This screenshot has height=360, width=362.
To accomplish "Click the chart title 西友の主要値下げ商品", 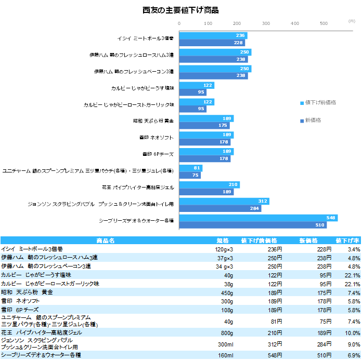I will tap(180, 10).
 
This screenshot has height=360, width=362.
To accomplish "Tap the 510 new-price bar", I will tap(253, 225).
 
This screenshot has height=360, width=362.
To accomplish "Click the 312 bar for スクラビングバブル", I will tap(224, 201).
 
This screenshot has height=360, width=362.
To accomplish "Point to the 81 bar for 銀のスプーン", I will tap(190, 168).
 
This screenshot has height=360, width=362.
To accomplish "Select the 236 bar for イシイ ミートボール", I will tap(213, 35).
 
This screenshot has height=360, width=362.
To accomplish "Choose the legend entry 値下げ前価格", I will tap(320, 102).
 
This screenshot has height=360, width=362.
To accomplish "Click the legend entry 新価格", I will tap(313, 121).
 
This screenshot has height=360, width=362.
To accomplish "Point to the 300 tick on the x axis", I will tap(266, 23).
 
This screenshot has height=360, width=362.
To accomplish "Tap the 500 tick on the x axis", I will tap(324, 23).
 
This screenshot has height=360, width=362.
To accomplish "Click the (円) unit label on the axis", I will tap(352, 20).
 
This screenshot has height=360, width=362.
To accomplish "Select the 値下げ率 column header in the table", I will tap(348, 241).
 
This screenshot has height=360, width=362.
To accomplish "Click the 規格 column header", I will tap(223, 241).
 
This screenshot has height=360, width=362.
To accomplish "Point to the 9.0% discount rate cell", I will tap(354, 343).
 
